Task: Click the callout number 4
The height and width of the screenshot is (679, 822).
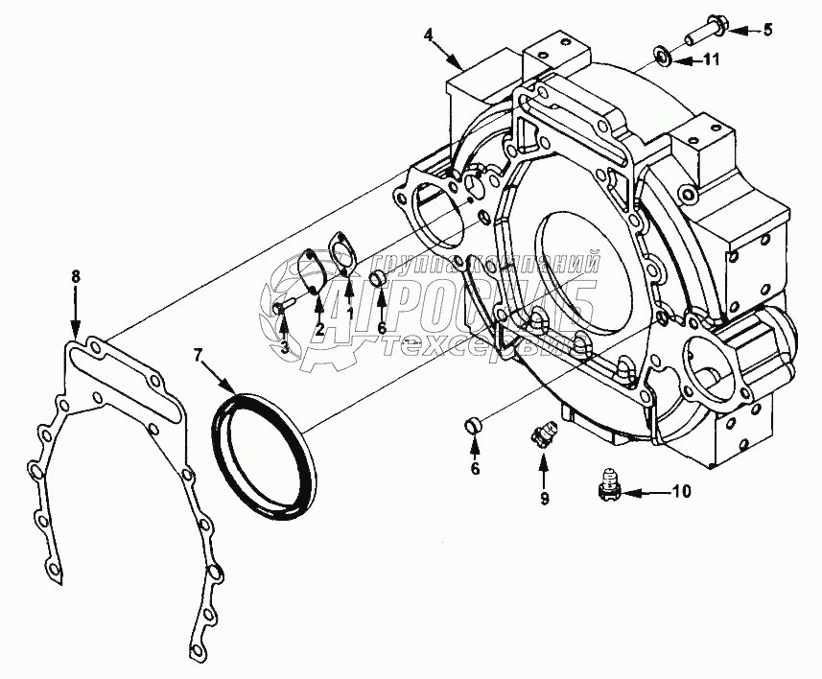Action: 430,35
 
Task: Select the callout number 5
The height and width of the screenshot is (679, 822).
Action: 766,30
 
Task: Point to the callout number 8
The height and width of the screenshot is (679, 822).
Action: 76,276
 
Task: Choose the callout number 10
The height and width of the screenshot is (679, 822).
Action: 680,493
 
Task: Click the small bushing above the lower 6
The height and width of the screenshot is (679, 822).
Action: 471,425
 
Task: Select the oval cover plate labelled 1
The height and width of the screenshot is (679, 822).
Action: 341,253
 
